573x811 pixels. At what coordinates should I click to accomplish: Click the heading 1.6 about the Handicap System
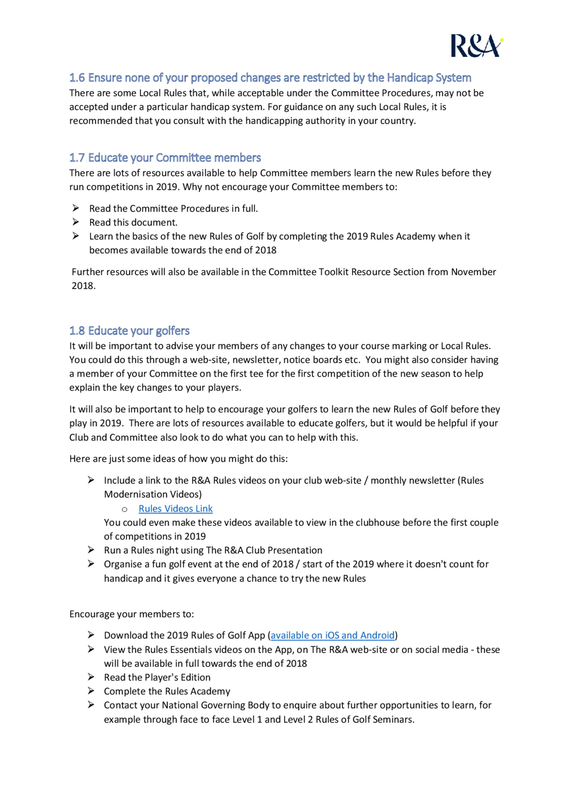(x=270, y=78)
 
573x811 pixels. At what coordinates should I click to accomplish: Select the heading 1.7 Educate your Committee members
(x=165, y=158)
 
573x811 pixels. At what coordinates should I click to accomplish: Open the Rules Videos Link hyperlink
(x=175, y=509)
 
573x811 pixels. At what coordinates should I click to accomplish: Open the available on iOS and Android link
(x=332, y=636)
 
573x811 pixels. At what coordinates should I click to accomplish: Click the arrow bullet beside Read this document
(x=76, y=222)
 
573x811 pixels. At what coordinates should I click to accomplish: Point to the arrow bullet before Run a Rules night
(x=91, y=550)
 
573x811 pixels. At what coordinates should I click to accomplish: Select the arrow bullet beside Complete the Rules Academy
(x=91, y=691)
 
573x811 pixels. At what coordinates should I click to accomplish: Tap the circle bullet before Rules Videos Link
(x=124, y=509)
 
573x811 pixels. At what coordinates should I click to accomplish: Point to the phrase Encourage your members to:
(x=131, y=614)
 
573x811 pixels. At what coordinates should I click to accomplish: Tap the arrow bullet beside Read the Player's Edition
(x=91, y=677)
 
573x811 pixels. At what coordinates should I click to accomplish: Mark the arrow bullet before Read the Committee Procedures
(x=76, y=208)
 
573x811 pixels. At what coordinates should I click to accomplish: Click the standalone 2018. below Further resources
(x=83, y=286)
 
